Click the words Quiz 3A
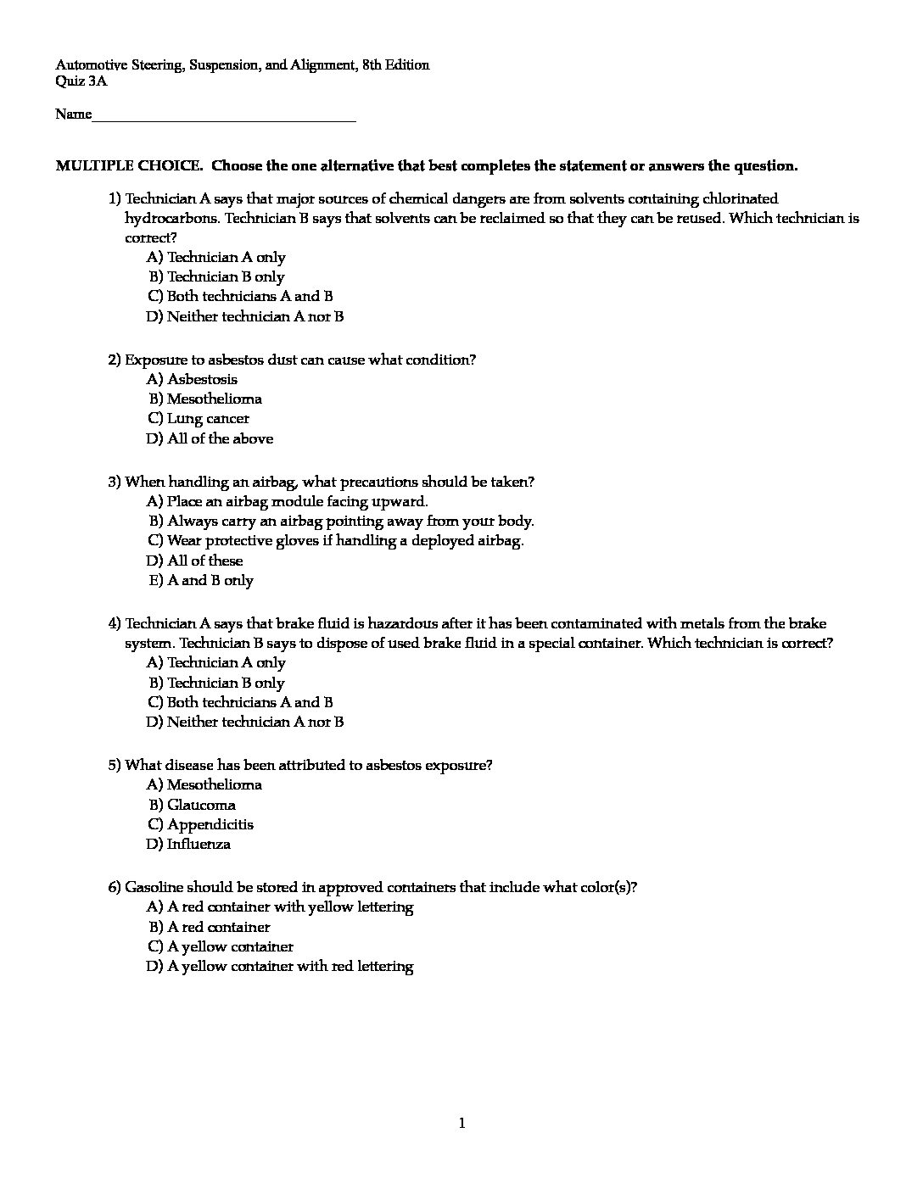(81, 82)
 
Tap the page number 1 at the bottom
(461, 1124)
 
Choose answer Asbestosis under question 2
(202, 379)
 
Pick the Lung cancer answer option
(208, 418)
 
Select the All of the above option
(220, 438)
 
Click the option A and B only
(210, 580)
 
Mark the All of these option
(204, 561)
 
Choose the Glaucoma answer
(201, 805)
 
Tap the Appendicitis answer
(210, 824)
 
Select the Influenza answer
(199, 844)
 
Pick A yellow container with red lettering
(290, 966)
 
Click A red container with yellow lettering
(290, 907)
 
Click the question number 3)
(115, 483)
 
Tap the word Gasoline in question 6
(154, 887)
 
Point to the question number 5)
(115, 765)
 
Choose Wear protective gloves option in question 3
(345, 540)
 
